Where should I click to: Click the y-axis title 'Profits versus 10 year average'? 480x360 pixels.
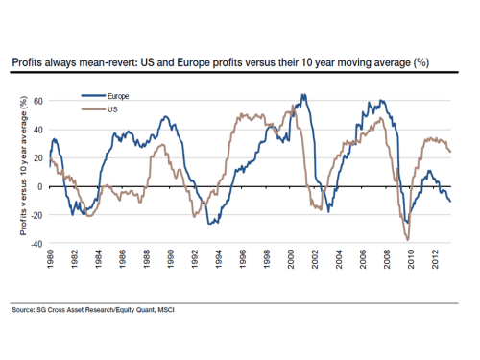tap(20, 171)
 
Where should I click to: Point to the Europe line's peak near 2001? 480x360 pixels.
tap(303, 95)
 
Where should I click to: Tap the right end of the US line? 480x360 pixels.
tap(451, 151)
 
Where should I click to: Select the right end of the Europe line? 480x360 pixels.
tap(451, 201)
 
